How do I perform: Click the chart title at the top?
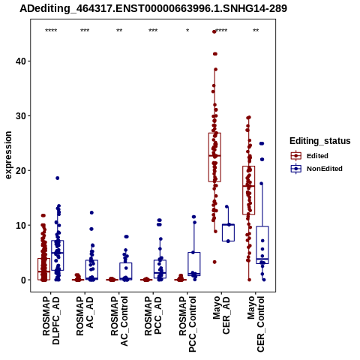[x=153, y=8]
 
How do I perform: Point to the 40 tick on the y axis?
[x=21, y=61]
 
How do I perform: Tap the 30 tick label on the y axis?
[x=21, y=116]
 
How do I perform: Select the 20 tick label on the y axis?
[x=21, y=171]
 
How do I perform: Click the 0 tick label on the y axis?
[x=24, y=280]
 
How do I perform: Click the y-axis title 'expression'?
[x=8, y=155]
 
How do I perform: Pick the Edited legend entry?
[x=309, y=156]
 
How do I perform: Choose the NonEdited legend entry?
[x=316, y=169]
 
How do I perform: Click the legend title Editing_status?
[x=320, y=141]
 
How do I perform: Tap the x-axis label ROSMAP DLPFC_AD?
[x=51, y=320]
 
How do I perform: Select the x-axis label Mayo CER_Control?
[x=256, y=324]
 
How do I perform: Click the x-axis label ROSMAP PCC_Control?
[x=187, y=324]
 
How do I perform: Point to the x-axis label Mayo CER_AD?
[x=221, y=315]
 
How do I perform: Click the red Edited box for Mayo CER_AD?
[x=214, y=157]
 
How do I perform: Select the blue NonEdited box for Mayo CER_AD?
[x=228, y=232]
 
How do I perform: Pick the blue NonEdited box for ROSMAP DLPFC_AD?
[x=58, y=255]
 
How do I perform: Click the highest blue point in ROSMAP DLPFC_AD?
[x=58, y=178]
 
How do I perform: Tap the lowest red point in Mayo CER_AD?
[x=214, y=262]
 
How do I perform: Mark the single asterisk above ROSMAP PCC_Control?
[x=187, y=31]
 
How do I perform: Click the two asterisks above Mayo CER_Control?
[x=256, y=31]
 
